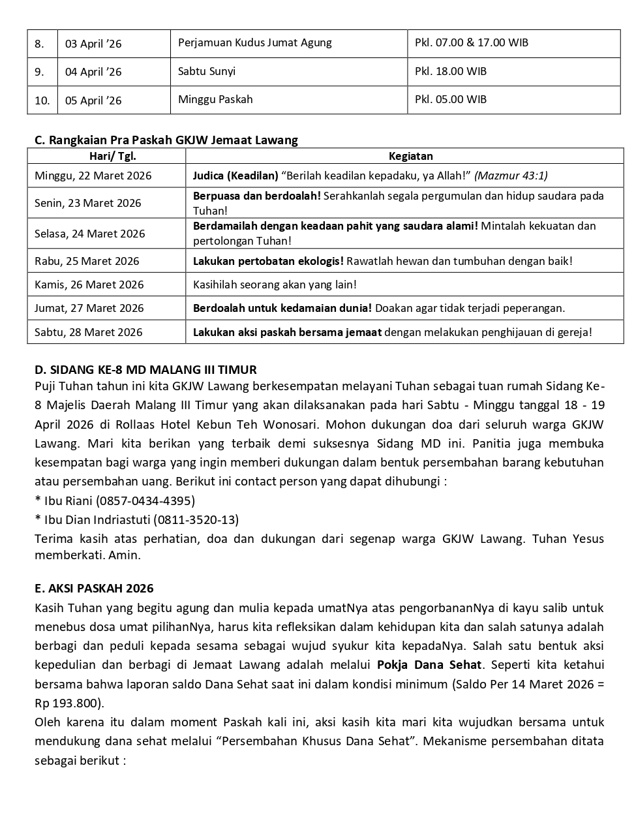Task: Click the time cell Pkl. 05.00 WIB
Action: click(x=450, y=99)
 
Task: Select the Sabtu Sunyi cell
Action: click(x=206, y=71)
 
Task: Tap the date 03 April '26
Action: click(x=93, y=44)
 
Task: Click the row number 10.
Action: click(x=42, y=100)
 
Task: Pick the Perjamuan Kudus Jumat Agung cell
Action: click(x=254, y=42)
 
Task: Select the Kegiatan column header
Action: click(x=410, y=156)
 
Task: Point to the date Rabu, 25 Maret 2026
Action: click(x=87, y=261)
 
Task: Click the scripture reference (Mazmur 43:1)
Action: click(x=511, y=175)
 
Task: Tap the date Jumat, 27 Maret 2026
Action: click(x=89, y=308)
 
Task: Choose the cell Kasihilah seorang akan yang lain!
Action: click(x=275, y=285)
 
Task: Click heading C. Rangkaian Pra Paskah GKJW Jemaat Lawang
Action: click(x=166, y=140)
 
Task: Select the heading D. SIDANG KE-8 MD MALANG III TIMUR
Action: click(x=145, y=369)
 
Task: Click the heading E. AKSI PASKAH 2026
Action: click(x=94, y=588)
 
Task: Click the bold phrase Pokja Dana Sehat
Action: click(x=429, y=665)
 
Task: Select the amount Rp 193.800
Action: click(x=67, y=703)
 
